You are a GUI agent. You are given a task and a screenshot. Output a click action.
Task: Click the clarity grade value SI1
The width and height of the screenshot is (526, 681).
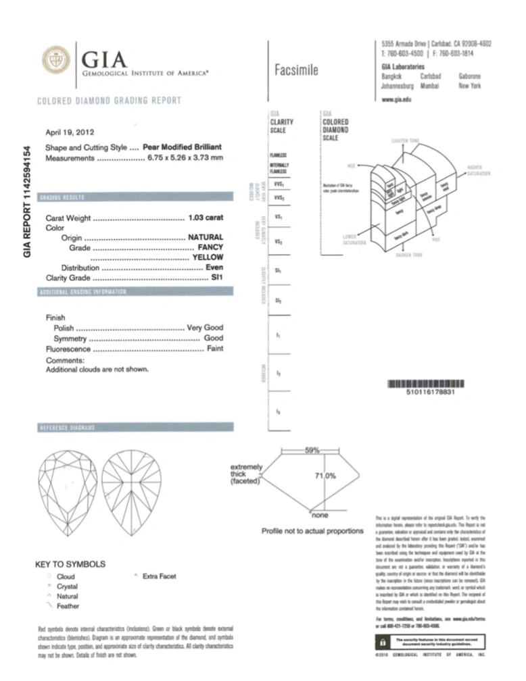tap(217, 278)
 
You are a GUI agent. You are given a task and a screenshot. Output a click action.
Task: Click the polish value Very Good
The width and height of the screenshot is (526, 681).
tap(204, 327)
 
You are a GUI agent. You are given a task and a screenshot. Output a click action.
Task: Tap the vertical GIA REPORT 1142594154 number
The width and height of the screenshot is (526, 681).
tap(28, 201)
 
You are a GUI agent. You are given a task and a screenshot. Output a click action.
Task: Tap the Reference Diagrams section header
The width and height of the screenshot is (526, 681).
tap(67, 429)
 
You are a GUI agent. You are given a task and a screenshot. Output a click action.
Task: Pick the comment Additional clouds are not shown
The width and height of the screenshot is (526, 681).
tap(97, 370)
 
